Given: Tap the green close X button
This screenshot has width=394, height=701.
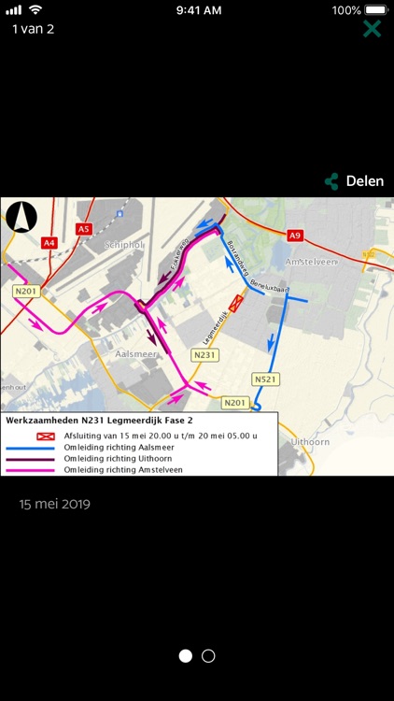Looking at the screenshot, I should tap(372, 28).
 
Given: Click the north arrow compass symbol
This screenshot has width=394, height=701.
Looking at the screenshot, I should tap(21, 219).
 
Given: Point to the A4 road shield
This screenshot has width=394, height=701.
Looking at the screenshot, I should tap(49, 243).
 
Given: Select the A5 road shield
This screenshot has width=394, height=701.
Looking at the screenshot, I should tap(84, 229).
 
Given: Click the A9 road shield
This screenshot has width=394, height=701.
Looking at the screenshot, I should tap(296, 236).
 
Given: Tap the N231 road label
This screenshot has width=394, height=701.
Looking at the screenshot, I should tap(204, 355).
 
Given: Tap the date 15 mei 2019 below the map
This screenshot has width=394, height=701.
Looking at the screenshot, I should tap(55, 504).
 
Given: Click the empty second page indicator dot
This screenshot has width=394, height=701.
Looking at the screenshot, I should tap(208, 656).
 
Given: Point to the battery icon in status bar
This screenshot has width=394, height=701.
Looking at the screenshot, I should tap(376, 9).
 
